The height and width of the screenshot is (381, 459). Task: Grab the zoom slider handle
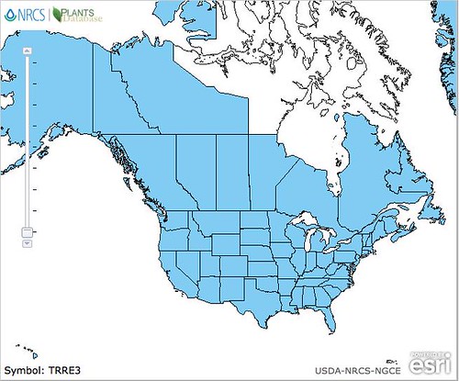coord(27,232)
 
